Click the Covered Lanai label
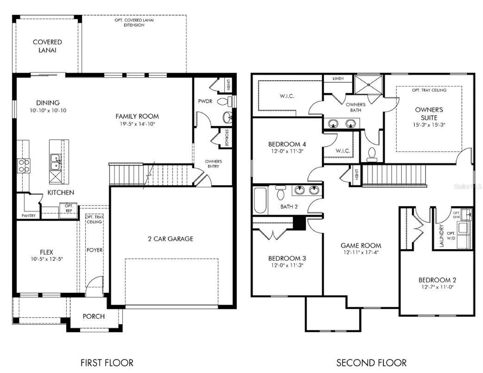[47, 46]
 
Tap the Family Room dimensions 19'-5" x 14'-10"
[137, 124]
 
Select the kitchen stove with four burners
[23, 165]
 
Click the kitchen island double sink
[56, 162]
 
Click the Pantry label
[29, 215]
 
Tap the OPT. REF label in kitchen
[69, 208]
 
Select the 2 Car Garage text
[170, 239]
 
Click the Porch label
[94, 316]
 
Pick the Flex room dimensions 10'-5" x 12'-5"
[47, 259]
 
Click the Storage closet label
[227, 138]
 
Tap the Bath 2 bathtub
[260, 200]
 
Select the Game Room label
[361, 246]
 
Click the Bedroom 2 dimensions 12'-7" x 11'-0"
[437, 287]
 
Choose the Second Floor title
[371, 363]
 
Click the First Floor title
[107, 363]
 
